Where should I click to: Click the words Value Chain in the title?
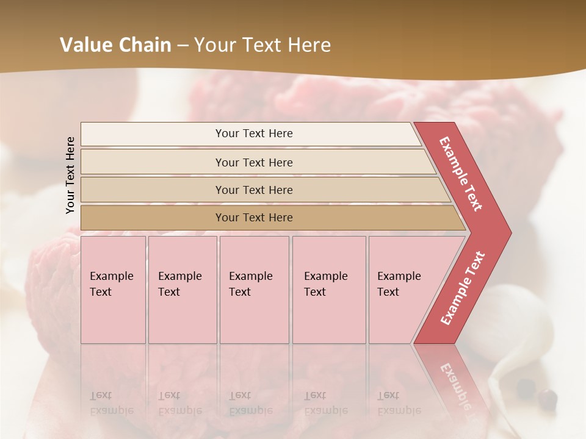115,45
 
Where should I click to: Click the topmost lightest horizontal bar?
253,134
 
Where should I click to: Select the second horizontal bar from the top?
253,162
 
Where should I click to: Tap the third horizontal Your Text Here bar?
253,190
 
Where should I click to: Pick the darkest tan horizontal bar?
253,218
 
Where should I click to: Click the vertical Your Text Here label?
70,175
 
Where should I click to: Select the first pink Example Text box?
113,290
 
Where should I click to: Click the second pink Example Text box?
182,290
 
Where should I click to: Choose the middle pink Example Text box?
254,290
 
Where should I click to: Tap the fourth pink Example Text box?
329,290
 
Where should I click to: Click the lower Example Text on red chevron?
463,288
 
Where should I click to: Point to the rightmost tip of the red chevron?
510,232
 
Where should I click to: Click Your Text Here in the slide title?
262,45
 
